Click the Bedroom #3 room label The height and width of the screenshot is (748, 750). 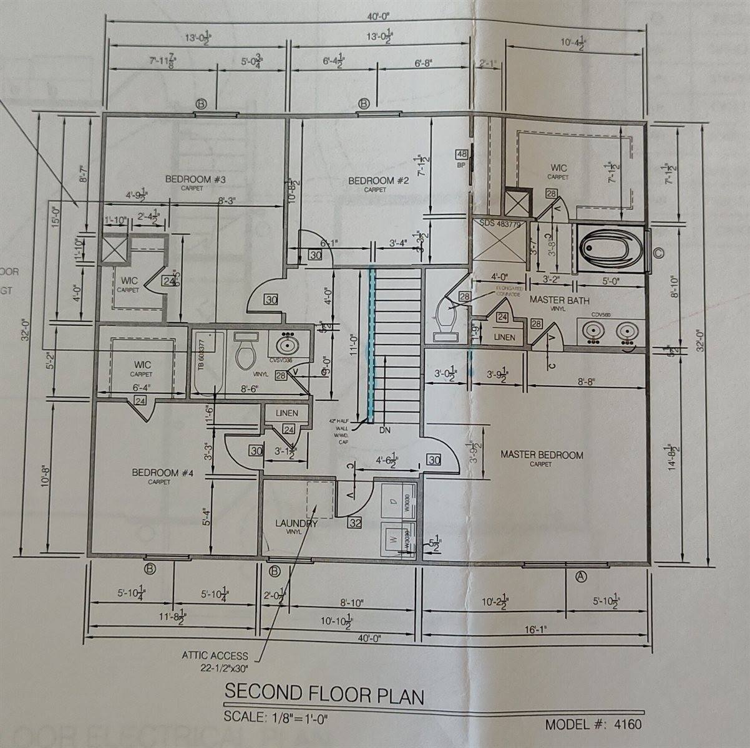tap(195, 180)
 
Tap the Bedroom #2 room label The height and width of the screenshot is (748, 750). tap(378, 181)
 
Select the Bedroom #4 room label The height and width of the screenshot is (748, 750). tap(163, 473)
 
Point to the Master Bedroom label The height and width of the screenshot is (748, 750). tap(542, 455)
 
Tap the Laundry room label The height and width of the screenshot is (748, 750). tap(296, 524)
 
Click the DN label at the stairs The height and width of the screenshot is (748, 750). tap(385, 429)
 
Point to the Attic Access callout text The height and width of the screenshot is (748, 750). tap(215, 661)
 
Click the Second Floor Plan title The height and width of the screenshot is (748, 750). tap(324, 693)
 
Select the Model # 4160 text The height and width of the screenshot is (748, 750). tap(593, 725)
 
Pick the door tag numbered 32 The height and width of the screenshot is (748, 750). tap(355, 523)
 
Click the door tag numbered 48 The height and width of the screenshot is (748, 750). tap(462, 154)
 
